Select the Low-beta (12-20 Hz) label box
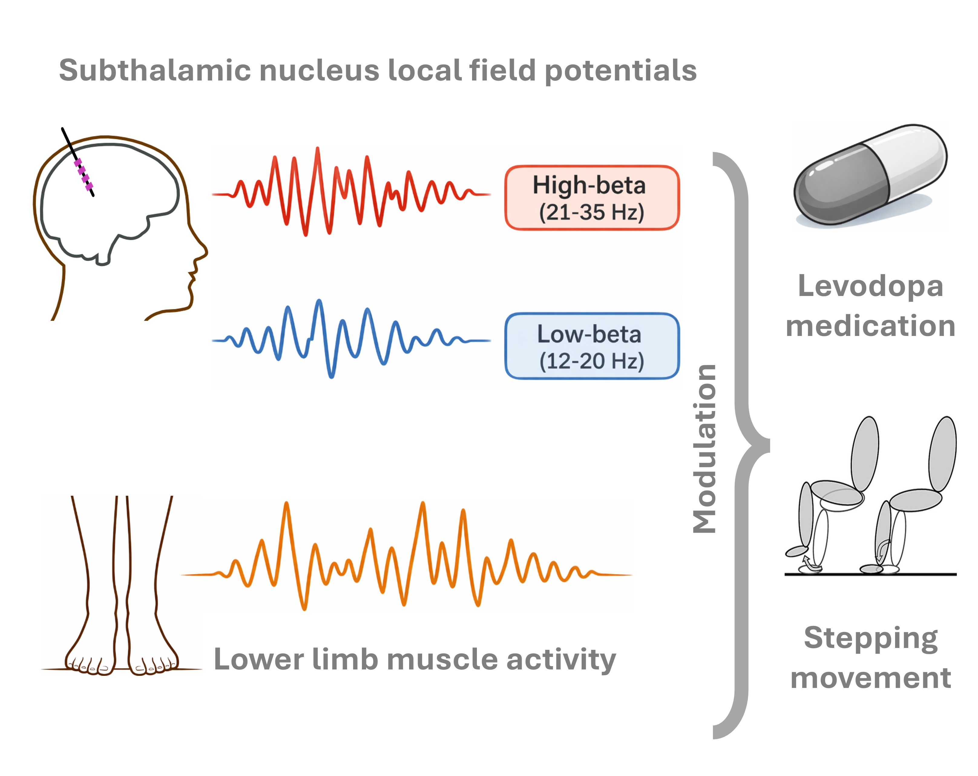click(x=592, y=346)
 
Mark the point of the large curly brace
click(x=766, y=446)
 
